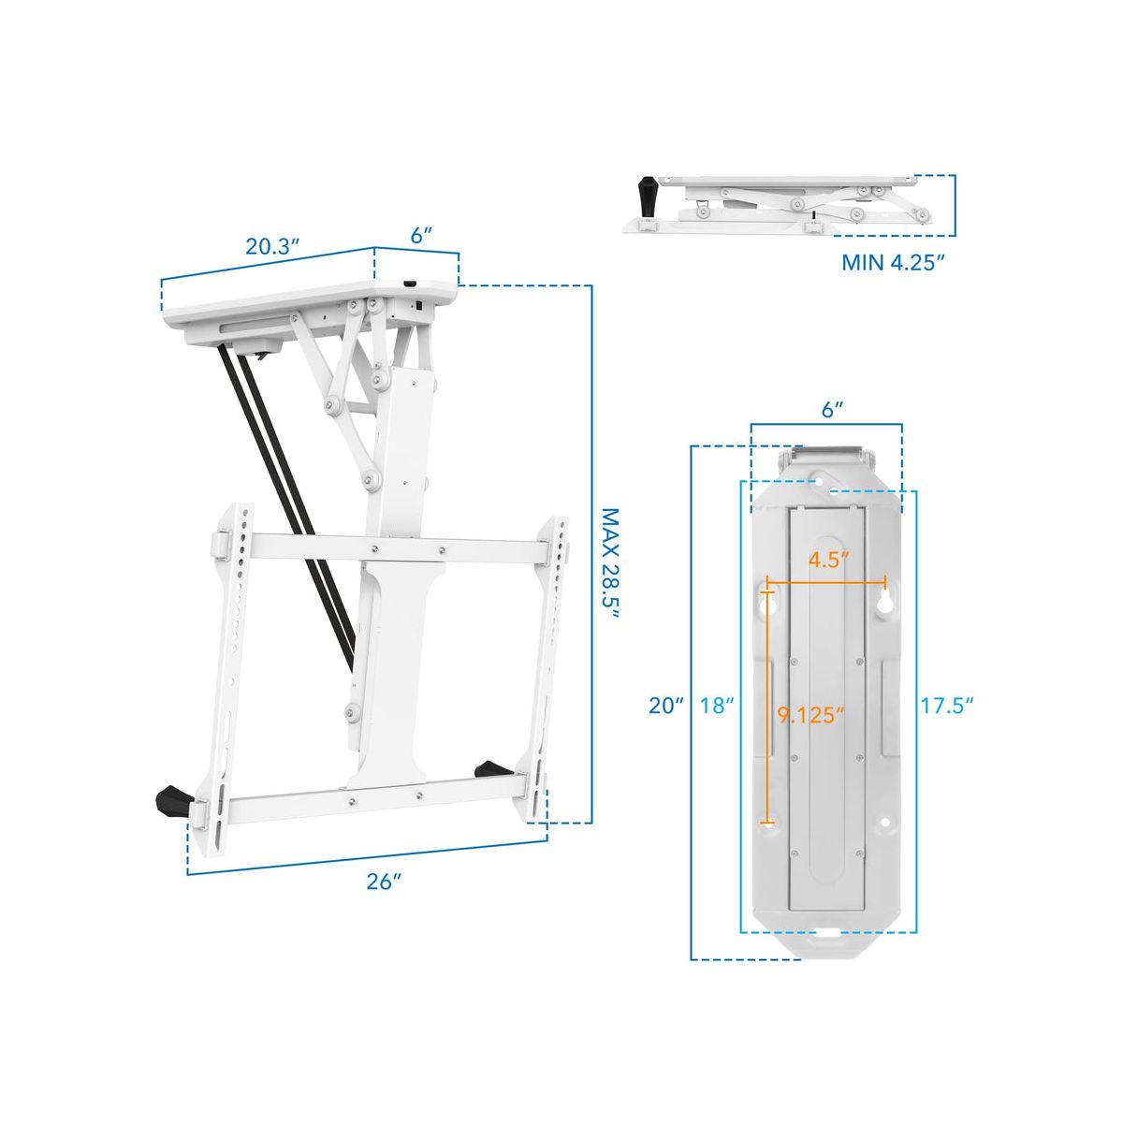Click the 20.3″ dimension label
(272, 247)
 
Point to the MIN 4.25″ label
(892, 262)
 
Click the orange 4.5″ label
(827, 561)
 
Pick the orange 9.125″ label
(810, 715)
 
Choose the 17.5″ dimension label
(947, 707)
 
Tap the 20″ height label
(666, 707)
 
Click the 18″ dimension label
(716, 707)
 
